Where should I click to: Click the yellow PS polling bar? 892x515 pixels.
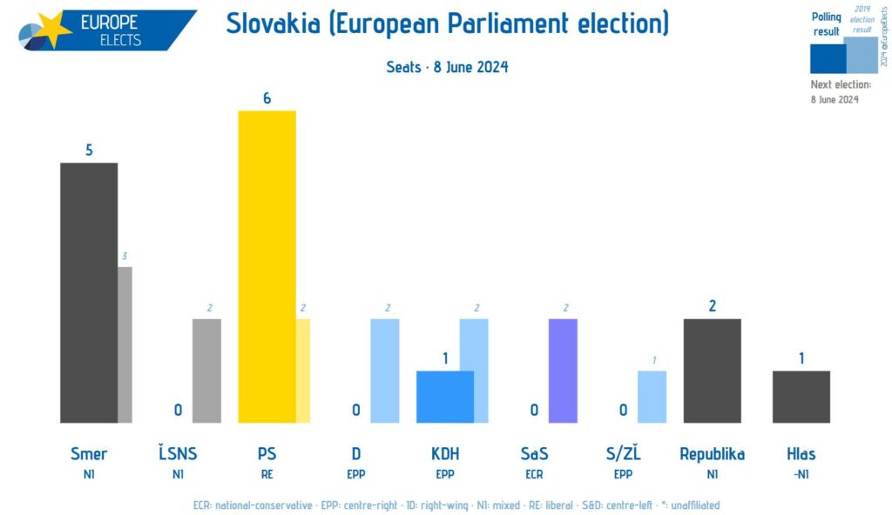click(x=267, y=266)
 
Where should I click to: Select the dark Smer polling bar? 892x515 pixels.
click(x=88, y=292)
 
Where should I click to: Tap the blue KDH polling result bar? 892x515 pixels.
click(x=444, y=397)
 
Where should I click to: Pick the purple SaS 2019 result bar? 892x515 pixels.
click(x=563, y=371)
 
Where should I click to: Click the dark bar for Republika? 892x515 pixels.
click(x=712, y=371)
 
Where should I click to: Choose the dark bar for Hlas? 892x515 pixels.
click(x=801, y=397)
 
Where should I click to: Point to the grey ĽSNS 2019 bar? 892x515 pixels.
click(x=206, y=371)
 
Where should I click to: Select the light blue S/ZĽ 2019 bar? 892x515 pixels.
click(x=652, y=397)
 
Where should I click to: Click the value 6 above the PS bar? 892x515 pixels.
click(x=267, y=98)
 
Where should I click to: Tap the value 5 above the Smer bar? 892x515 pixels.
click(x=89, y=150)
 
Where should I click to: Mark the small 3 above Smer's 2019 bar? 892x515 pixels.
click(x=125, y=256)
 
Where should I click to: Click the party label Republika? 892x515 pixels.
click(x=712, y=453)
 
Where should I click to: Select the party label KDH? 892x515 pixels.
click(x=444, y=453)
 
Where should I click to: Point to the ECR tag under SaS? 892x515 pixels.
click(x=533, y=475)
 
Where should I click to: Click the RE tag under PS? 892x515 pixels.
click(x=267, y=475)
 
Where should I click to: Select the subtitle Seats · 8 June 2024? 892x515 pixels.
click(x=446, y=67)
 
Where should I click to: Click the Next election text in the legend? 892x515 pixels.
click(x=841, y=84)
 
